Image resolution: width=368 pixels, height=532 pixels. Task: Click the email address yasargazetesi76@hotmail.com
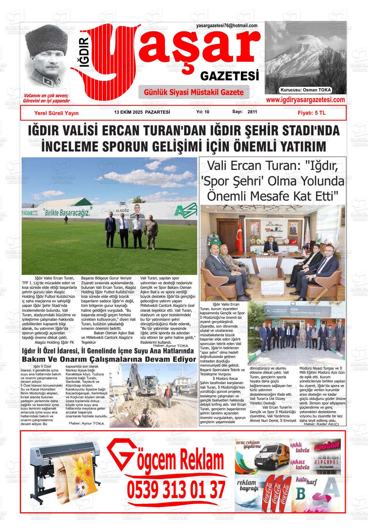pos(227,26)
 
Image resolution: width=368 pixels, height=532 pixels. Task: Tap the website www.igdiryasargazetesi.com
pos(305,100)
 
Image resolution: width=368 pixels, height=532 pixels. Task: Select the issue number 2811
pos(252,112)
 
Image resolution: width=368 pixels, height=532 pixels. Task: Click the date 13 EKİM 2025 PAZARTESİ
pos(142,112)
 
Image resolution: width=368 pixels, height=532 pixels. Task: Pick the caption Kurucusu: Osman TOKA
pos(306,90)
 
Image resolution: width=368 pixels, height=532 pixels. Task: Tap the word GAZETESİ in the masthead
pos(230,76)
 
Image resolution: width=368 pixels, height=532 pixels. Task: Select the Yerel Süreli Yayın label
pos(56,113)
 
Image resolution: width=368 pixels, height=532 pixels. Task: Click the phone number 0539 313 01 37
pos(176,490)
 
